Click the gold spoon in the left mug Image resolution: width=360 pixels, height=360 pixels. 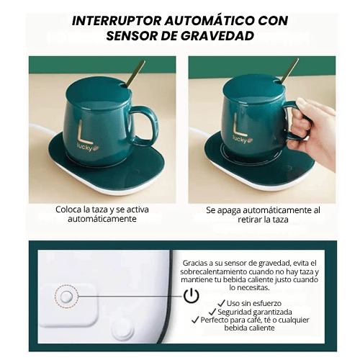tap(135, 73)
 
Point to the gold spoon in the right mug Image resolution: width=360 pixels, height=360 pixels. tap(289, 71)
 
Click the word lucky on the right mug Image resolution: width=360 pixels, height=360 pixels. tap(239, 139)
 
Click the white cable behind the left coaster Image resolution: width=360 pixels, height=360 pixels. tap(42, 129)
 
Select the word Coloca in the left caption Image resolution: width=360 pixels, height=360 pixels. tap(68, 210)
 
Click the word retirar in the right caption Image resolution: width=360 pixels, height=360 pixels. tap(249, 220)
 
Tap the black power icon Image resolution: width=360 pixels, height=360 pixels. tap(192, 296)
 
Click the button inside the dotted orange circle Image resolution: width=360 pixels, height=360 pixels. tap(66, 297)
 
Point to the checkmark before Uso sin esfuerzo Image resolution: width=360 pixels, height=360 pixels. tap(221, 303)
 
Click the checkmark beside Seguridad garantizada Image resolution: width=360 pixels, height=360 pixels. tap(212, 312)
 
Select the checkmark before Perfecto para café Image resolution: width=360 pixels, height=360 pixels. tap(195, 320)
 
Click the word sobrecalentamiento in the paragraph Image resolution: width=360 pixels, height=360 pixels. tap(213, 271)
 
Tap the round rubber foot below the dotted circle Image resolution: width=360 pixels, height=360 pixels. tap(122, 330)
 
